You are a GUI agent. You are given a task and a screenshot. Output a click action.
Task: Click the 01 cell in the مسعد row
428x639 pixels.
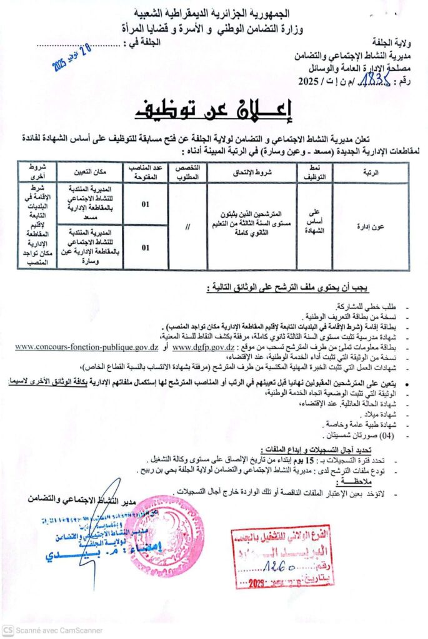click(x=145, y=204)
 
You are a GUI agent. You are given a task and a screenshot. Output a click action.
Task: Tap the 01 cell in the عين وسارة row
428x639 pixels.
click(x=145, y=247)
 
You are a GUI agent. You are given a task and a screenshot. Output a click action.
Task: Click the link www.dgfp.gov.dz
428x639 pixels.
click(x=203, y=346)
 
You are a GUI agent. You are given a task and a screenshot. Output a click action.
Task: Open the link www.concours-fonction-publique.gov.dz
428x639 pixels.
click(x=86, y=346)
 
